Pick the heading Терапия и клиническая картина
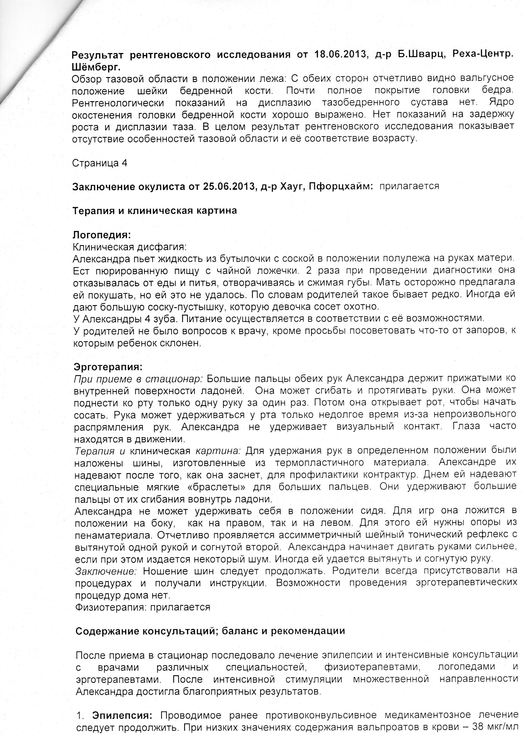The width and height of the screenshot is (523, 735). coord(155,211)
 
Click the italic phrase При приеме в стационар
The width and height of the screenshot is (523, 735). coord(138,379)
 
